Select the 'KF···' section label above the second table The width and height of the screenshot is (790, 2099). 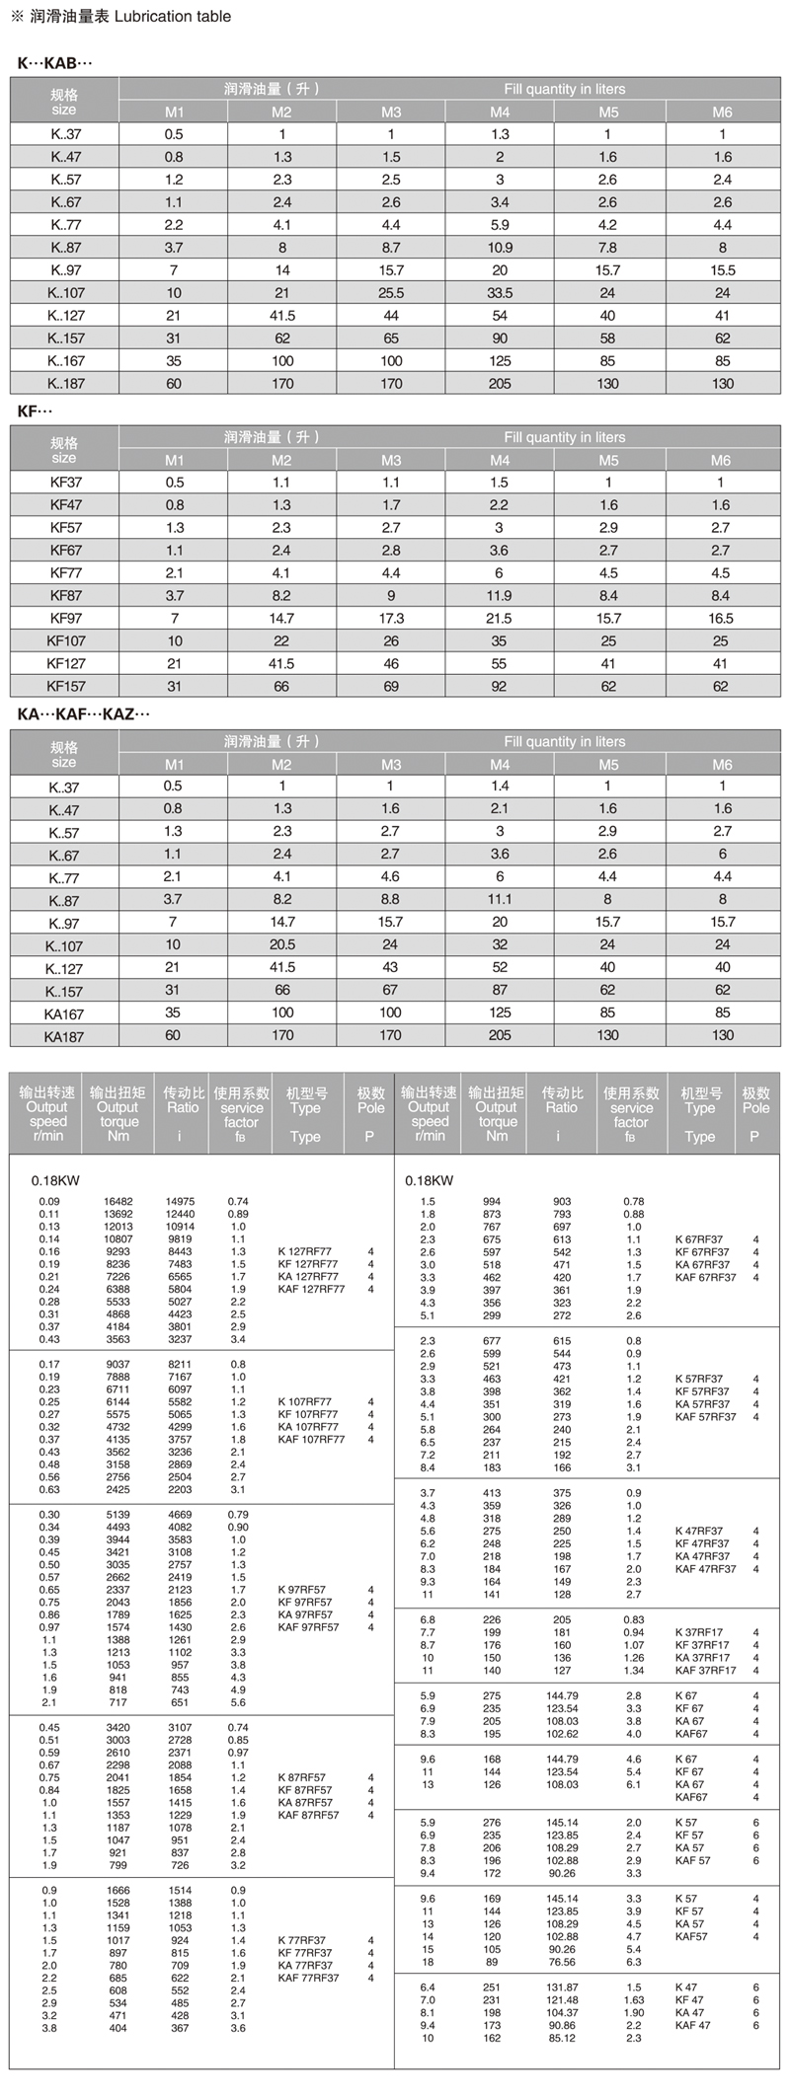point(35,411)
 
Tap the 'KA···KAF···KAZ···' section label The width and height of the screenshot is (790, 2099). point(83,713)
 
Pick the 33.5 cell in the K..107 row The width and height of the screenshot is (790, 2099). point(500,293)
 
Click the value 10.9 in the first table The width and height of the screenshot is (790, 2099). point(500,248)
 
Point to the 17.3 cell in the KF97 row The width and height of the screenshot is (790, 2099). point(391,619)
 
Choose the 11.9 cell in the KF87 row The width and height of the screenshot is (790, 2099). point(500,596)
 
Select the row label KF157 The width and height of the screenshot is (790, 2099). point(66,687)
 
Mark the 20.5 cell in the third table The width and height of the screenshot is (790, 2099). point(282,944)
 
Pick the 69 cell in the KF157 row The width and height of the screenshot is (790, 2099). point(391,686)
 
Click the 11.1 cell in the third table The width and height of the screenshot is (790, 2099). point(500,899)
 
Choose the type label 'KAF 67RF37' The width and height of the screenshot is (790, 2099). point(705,1278)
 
